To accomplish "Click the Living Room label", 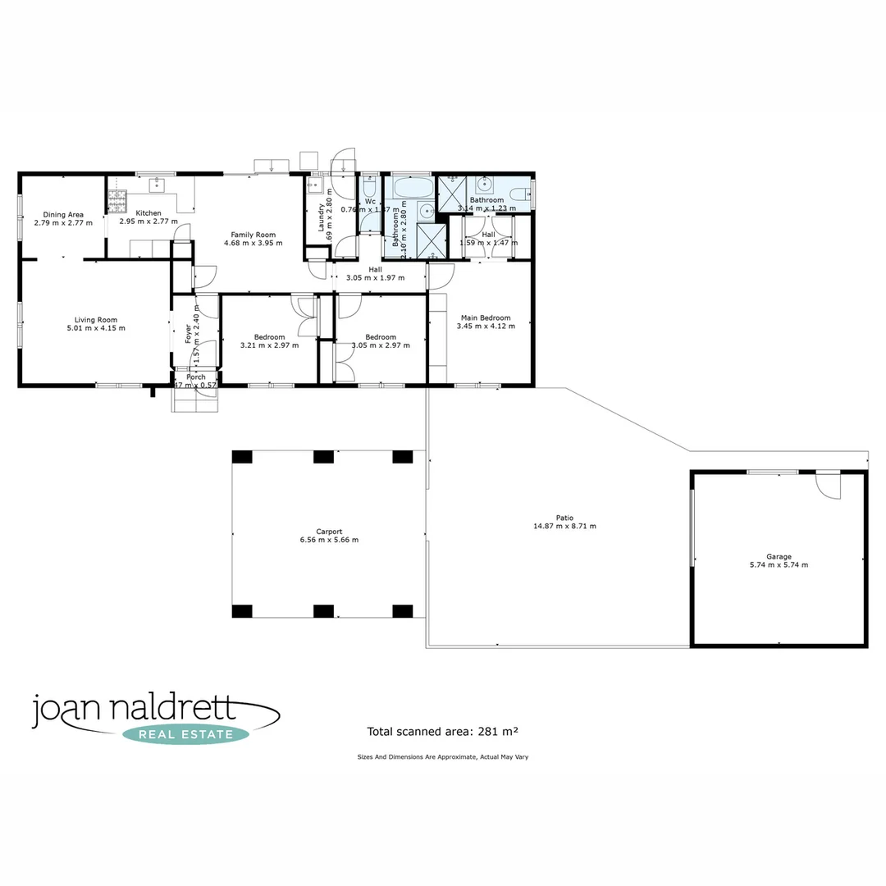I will (x=96, y=320).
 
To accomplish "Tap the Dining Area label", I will (x=63, y=215).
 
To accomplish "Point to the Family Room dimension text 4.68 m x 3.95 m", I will (x=253, y=244).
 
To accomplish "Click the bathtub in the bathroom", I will (x=412, y=188).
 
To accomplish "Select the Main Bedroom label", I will (x=486, y=317).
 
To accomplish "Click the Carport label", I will (x=329, y=531).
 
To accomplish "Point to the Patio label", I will (x=564, y=518).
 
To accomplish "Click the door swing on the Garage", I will (x=829, y=486).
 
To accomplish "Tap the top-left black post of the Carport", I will (x=242, y=457).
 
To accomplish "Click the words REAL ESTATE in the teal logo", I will (x=185, y=734).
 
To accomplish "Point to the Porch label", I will (x=195, y=377).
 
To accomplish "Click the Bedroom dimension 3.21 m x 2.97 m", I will (x=269, y=345).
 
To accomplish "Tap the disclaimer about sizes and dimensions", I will (x=442, y=756).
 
